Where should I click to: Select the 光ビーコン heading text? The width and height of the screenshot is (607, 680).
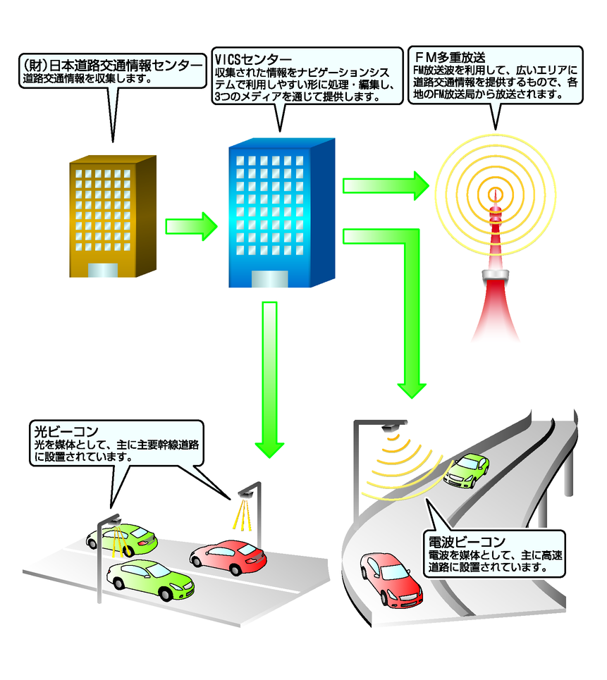65,431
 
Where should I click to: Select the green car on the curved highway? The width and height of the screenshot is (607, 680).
467,469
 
